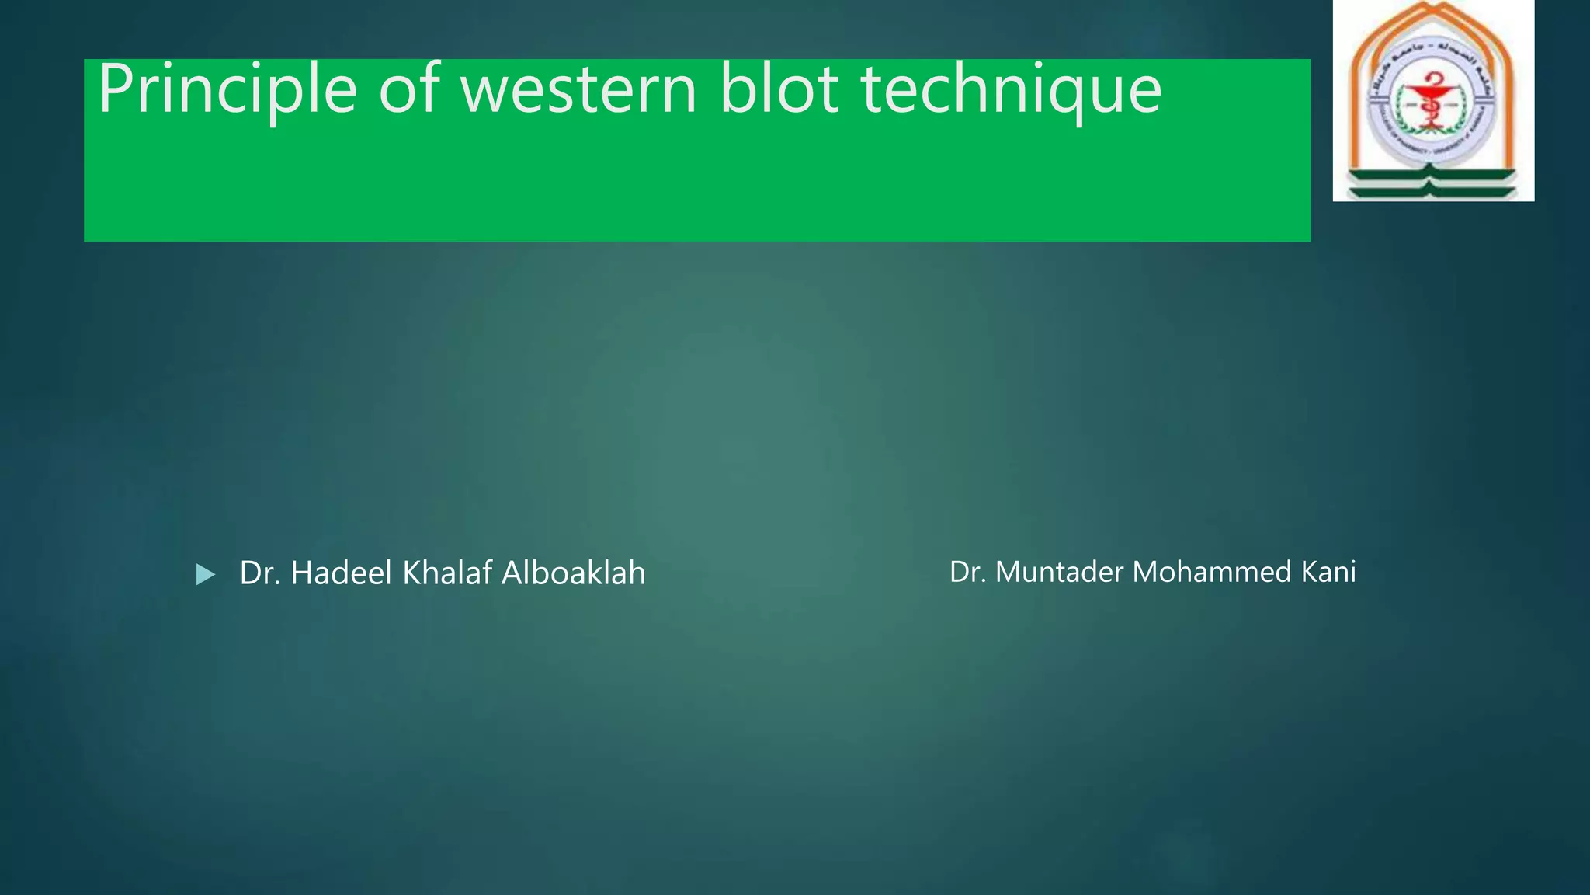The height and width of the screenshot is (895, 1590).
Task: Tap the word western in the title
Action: tap(578, 90)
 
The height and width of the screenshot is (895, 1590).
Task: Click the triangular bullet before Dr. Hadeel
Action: tap(205, 575)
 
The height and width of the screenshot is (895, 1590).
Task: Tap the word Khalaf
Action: tap(447, 573)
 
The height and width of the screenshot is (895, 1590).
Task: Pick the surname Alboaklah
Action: tap(574, 573)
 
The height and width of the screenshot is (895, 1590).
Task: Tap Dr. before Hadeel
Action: tap(259, 573)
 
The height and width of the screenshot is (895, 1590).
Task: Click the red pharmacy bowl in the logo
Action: tap(1432, 92)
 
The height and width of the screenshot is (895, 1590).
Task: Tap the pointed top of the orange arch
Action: tap(1433, 6)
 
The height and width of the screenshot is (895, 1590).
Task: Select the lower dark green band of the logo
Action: tap(1433, 191)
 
